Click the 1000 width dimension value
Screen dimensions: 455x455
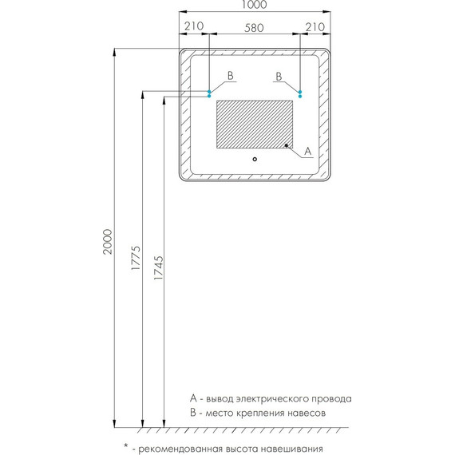(x=254, y=4)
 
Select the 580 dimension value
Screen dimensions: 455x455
(x=254, y=28)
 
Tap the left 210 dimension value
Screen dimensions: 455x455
(x=194, y=26)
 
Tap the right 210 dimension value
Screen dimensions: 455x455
(x=315, y=27)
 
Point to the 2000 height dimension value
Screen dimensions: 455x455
(x=108, y=241)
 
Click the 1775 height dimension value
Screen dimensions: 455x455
(x=136, y=258)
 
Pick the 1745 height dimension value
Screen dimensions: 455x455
(x=158, y=267)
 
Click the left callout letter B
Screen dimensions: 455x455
(x=231, y=76)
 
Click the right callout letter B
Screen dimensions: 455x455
(x=279, y=77)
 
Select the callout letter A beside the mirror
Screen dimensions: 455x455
(x=307, y=151)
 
